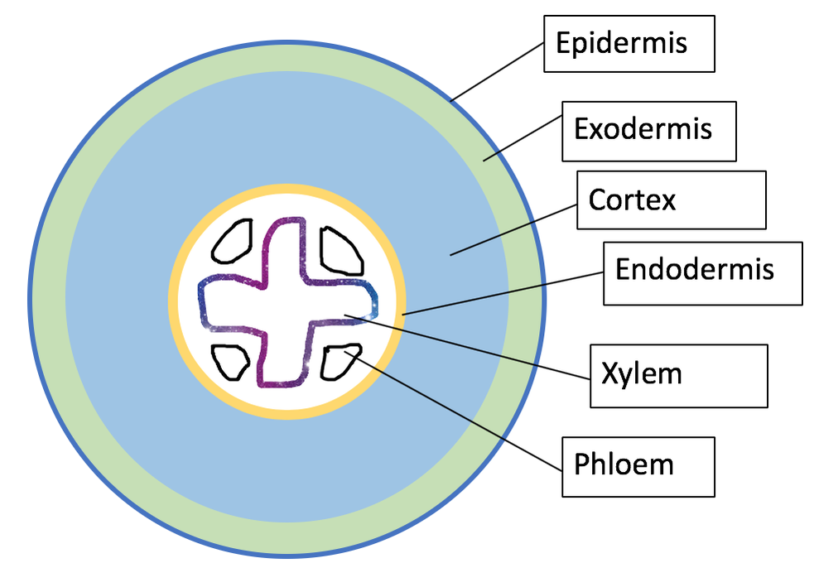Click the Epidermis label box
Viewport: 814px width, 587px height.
click(x=629, y=43)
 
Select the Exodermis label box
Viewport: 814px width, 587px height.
click(x=648, y=131)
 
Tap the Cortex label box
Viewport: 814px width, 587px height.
click(x=671, y=200)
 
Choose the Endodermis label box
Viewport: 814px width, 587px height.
click(x=702, y=272)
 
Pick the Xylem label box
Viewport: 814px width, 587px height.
click(x=677, y=376)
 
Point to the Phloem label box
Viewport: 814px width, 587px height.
click(x=638, y=466)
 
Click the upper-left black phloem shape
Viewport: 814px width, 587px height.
click(x=233, y=243)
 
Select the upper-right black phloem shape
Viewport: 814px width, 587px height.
click(x=340, y=250)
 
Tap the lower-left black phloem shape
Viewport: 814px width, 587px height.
click(x=231, y=361)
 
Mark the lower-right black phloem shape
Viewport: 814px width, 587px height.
click(x=340, y=361)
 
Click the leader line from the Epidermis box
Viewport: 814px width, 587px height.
click(x=497, y=72)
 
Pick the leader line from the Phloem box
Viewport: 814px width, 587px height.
click(x=464, y=411)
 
